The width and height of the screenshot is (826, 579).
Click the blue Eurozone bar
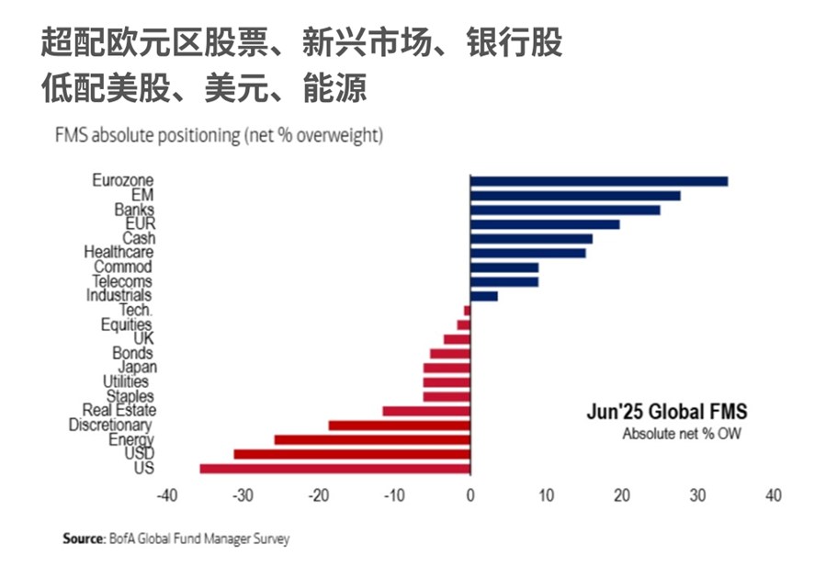[x=599, y=182]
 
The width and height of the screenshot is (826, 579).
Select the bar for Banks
[x=565, y=210]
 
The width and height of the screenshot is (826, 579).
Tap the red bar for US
[x=335, y=469]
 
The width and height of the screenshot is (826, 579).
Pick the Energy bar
[x=372, y=440]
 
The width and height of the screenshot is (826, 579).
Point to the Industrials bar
[x=484, y=296]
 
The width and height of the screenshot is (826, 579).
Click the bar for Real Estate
[x=426, y=411]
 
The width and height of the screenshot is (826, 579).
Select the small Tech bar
[x=468, y=311]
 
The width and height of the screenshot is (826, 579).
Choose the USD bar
[x=352, y=454]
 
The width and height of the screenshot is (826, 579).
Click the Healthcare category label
[x=119, y=253]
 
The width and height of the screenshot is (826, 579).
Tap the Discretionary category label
[x=110, y=425]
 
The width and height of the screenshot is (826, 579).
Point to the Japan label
[x=138, y=368]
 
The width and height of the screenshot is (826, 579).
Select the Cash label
[x=139, y=238]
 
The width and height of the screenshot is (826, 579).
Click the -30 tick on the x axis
[x=243, y=495]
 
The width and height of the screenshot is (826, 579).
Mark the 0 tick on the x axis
[x=470, y=495]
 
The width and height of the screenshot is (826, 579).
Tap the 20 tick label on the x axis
[x=622, y=495]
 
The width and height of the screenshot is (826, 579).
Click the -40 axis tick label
[x=167, y=495]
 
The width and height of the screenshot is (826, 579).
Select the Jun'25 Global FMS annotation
[x=667, y=412]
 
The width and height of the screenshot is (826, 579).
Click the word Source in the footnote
[x=84, y=539]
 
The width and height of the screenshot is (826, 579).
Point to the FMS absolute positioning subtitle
[x=219, y=135]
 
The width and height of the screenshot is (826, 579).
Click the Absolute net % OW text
[x=682, y=434]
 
